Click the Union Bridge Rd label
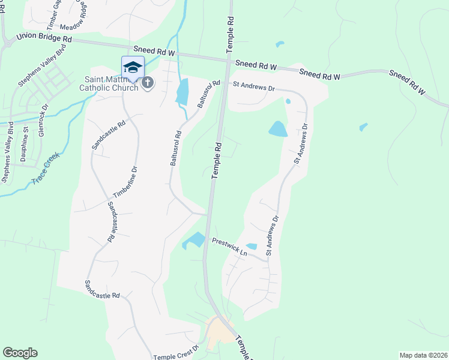tap(44, 37)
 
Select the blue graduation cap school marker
tap(133, 67)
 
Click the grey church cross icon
tap(148, 83)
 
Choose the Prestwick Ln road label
tap(229, 247)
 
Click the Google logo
tap(20, 353)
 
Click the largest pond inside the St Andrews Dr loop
tap(277, 128)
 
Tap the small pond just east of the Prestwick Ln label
tap(252, 246)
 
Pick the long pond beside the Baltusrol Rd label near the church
tap(182, 92)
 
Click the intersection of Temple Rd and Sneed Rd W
tap(229, 59)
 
